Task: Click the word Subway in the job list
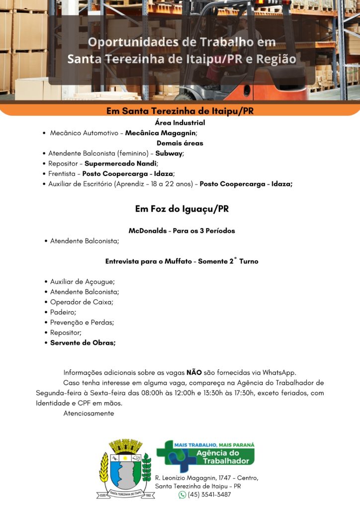tap(169, 153)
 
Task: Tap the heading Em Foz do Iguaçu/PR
tap(181, 209)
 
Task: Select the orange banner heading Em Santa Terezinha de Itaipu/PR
tap(180, 111)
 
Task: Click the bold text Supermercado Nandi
tap(120, 164)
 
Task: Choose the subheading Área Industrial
tap(180, 123)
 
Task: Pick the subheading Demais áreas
tap(180, 143)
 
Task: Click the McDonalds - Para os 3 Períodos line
tap(181, 231)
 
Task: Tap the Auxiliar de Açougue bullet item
tap(83, 282)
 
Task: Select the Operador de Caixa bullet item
tap(82, 302)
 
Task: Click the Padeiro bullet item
tap(63, 312)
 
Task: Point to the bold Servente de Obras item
tap(83, 343)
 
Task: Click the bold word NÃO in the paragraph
tap(194, 372)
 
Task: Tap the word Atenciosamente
tap(89, 413)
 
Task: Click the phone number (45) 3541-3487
tap(209, 495)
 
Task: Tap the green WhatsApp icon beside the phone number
tap(182, 495)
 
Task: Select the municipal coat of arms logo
tap(125, 469)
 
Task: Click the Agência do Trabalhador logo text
tap(218, 457)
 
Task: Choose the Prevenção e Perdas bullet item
tap(82, 323)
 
